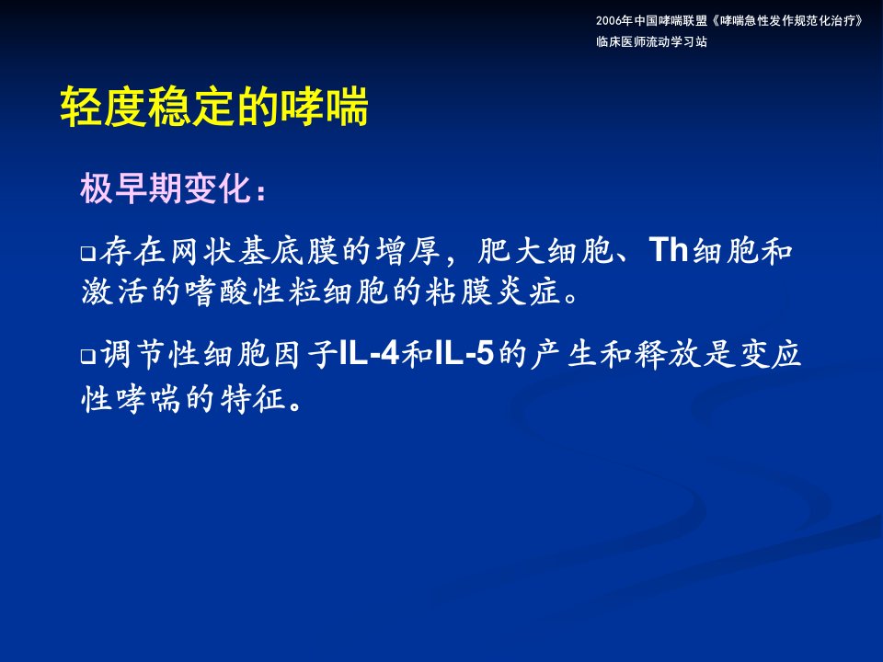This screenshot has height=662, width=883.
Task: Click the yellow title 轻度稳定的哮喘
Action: (214, 107)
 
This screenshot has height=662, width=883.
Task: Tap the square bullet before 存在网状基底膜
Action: (88, 254)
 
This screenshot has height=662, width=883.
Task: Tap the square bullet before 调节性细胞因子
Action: (88, 357)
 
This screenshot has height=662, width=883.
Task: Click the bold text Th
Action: (669, 249)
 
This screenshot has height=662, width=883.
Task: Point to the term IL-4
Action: (369, 354)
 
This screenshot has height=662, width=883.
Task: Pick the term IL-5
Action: (464, 354)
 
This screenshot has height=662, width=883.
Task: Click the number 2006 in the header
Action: (609, 21)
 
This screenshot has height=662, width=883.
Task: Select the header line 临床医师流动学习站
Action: (651, 41)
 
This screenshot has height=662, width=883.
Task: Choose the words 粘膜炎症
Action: (493, 291)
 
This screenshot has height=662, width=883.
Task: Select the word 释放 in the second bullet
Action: (651, 355)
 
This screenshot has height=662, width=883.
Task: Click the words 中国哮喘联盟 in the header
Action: (671, 21)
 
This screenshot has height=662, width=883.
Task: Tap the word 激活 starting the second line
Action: (114, 291)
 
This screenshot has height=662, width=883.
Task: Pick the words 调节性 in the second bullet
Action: (150, 355)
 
